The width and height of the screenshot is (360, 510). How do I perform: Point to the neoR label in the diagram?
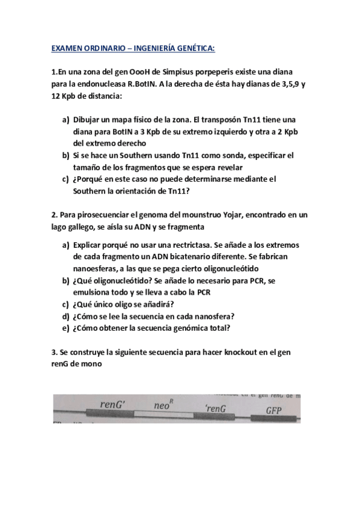click(x=165, y=405)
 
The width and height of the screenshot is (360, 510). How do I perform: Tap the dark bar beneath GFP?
click(x=276, y=418)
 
